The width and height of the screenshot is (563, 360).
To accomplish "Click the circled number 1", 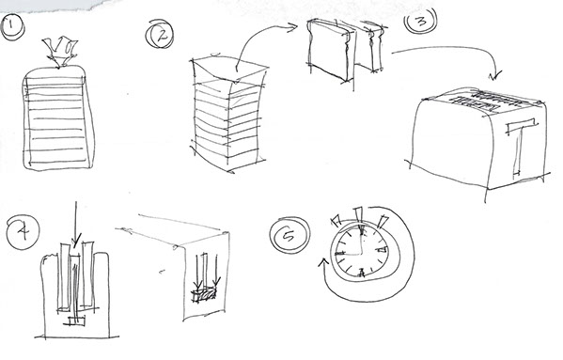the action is point(12,27).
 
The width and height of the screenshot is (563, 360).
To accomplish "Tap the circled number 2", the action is point(160,34).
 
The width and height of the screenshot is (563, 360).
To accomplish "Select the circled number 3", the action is point(421,20).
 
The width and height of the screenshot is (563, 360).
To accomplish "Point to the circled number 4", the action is point(23,231).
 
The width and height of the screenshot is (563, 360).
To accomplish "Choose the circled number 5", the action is point(289,235).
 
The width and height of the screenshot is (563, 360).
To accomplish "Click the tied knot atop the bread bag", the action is point(59,52).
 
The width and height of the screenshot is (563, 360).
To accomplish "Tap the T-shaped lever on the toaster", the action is point(520,146).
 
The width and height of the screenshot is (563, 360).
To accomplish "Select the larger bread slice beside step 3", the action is point(330,50).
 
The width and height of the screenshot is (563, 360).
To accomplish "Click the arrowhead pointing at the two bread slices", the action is point(292,27).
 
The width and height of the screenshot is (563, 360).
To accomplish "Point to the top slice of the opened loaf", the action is point(229,70).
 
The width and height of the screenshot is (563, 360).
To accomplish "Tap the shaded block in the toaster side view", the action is point(204,295).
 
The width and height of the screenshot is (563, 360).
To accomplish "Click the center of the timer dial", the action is point(360,254).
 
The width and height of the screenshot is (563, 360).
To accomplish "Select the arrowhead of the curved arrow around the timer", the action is point(323,263).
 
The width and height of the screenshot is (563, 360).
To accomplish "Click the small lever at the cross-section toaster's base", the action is point(75,321).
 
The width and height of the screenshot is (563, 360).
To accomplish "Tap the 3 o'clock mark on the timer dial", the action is point(382,249).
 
